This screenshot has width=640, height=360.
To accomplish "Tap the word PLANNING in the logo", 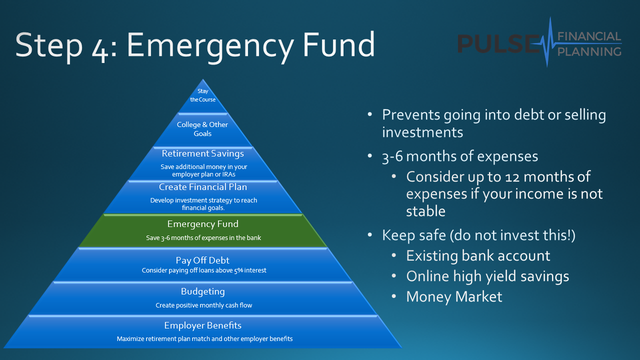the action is [589, 52].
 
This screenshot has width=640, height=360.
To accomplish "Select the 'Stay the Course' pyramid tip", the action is [203, 95].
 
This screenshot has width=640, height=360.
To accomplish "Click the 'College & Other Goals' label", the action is [202, 129].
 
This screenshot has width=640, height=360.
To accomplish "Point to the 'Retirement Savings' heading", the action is [203, 153].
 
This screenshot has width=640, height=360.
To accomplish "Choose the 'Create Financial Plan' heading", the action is [203, 187].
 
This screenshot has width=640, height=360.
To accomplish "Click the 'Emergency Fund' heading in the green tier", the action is [203, 224].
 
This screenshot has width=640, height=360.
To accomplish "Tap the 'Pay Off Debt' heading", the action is [202, 260].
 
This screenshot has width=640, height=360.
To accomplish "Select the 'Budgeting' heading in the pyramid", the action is [203, 291].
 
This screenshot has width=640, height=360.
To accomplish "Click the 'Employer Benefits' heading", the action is [203, 325].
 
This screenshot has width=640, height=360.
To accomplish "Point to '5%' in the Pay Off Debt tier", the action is [238, 270].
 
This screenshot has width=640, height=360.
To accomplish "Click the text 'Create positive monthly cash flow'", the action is [203, 305].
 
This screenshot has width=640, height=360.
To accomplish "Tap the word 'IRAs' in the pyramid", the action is [229, 174].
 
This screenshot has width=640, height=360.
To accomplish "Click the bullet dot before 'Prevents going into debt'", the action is [370, 114].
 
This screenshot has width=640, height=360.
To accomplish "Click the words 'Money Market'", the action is [454, 297].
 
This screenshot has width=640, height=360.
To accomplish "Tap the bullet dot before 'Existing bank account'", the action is [394, 255].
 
